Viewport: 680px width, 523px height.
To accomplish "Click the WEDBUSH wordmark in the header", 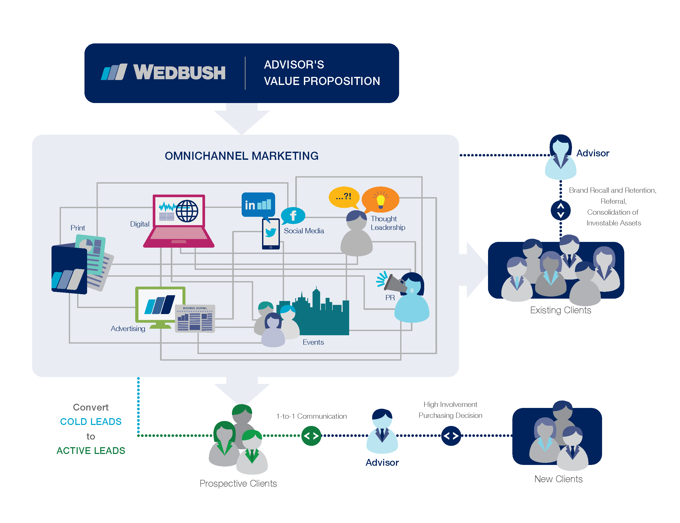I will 179,72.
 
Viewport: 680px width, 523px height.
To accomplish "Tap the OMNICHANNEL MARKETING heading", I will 241,156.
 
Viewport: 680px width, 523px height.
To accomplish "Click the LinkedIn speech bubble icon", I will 258,204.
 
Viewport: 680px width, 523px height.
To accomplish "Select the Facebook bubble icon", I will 293,215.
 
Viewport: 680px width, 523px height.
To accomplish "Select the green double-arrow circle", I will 311,435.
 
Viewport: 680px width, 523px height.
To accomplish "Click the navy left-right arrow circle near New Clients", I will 451,435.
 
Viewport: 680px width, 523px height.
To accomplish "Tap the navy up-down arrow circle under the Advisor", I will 560,211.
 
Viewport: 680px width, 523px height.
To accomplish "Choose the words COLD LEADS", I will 90,422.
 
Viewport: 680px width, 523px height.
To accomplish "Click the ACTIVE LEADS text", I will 90,451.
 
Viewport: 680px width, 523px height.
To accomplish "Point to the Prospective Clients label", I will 238,483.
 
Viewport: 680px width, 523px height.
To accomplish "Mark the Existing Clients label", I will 560,310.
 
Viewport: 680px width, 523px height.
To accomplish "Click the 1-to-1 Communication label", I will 311,416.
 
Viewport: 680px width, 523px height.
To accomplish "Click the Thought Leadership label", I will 388,223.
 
